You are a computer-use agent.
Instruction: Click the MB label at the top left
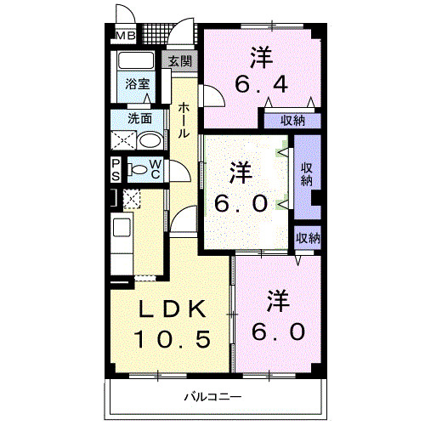pyautogui.click(x=124, y=36)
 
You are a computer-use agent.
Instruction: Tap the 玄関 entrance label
pyautogui.click(x=179, y=61)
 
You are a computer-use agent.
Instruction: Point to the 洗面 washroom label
pyautogui.click(x=139, y=118)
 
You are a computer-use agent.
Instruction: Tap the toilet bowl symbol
pyautogui.click(x=137, y=170)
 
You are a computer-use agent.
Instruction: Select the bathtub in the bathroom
pyautogui.click(x=135, y=62)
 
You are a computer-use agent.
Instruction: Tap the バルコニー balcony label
pyautogui.click(x=213, y=396)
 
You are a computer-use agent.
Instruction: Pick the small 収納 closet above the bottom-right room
pyautogui.click(x=308, y=239)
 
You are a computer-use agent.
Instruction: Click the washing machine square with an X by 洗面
pyautogui.click(x=124, y=141)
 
